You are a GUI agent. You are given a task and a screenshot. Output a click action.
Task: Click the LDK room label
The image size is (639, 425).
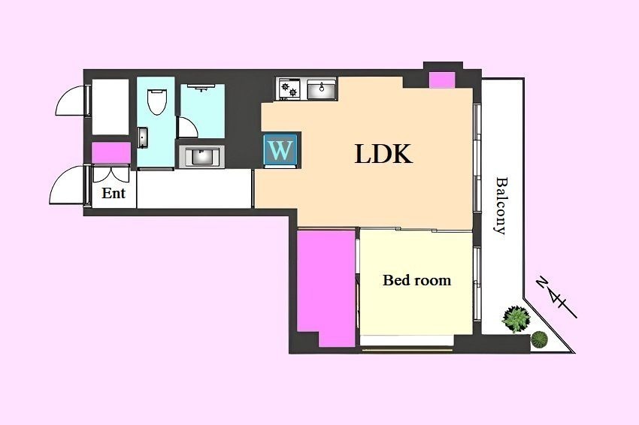383,154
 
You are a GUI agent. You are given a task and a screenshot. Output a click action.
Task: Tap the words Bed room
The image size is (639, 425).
416,280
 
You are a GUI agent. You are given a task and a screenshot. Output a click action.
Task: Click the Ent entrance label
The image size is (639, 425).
114,193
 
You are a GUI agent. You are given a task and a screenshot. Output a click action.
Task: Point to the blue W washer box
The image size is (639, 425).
281,149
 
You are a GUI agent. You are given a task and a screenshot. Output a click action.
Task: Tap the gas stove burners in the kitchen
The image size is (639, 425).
289,89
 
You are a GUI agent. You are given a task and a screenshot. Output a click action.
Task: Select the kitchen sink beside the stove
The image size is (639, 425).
322,89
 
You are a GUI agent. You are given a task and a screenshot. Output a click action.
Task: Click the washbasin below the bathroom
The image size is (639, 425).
201,157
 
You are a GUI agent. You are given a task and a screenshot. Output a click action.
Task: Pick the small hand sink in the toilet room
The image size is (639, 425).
143,137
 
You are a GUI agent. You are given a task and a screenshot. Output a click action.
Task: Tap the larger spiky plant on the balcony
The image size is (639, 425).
516,318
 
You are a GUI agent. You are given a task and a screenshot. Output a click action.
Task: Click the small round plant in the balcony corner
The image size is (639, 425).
539,339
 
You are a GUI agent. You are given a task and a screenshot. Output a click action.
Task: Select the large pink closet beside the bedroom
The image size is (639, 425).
326,288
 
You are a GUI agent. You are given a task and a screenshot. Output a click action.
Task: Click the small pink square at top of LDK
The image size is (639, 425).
442,80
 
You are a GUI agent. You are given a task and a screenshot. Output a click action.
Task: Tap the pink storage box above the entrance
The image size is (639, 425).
111,152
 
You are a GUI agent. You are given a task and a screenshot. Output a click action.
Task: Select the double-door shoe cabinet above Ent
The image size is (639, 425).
111,173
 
